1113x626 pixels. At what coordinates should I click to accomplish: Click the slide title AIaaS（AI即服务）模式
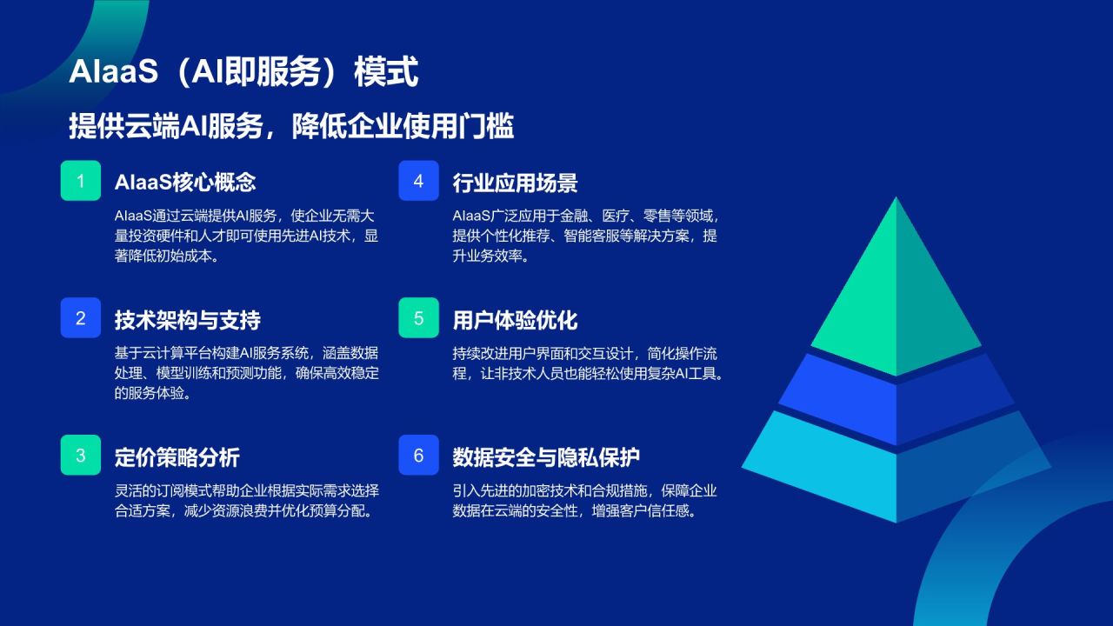click(243, 73)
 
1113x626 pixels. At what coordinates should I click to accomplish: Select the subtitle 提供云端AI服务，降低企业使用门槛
click(291, 127)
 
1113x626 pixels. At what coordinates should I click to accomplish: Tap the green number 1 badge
click(81, 181)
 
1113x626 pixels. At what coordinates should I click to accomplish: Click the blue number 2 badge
click(81, 318)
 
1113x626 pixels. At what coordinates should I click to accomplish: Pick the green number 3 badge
click(81, 456)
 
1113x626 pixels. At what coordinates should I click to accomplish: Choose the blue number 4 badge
click(418, 181)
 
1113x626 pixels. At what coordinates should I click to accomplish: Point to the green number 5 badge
click(418, 318)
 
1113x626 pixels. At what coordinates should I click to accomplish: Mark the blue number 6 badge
click(418, 456)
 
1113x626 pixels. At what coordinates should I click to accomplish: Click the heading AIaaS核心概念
click(185, 183)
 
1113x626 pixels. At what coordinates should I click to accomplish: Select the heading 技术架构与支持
click(188, 320)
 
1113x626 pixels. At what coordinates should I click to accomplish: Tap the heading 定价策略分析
click(177, 457)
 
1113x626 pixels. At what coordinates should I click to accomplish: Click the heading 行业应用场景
click(515, 183)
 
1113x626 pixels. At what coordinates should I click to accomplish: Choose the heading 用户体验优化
click(515, 320)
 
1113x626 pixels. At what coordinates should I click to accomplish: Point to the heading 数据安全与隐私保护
click(546, 457)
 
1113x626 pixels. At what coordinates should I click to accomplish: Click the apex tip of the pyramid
click(896, 200)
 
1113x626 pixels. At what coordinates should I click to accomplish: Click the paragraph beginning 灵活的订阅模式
click(247, 501)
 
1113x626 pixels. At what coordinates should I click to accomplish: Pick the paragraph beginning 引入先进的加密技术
click(584, 501)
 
